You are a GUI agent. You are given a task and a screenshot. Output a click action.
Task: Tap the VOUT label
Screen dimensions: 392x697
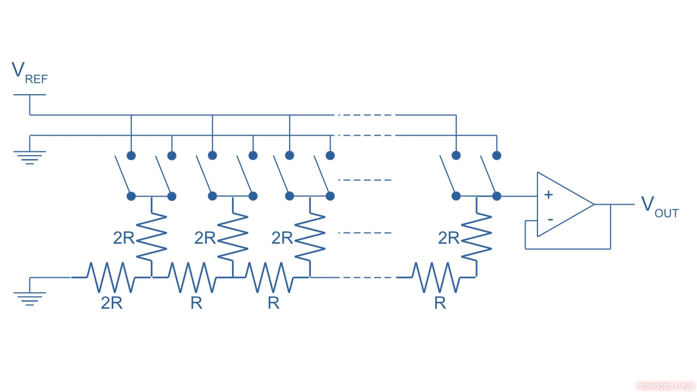click(x=659, y=206)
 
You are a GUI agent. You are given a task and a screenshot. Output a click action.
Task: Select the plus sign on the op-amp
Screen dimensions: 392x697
click(x=548, y=194)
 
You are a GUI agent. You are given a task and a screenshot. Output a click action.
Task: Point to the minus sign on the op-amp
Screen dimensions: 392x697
click(x=550, y=219)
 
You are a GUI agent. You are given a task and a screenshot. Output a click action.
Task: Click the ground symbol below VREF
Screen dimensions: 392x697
click(x=29, y=157)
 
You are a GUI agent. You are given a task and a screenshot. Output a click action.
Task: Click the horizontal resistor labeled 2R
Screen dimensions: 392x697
click(x=111, y=277)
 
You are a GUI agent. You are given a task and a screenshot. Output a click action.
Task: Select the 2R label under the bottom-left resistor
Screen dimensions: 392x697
click(x=112, y=303)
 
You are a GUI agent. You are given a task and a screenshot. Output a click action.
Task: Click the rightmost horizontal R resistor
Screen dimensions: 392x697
click(x=436, y=277)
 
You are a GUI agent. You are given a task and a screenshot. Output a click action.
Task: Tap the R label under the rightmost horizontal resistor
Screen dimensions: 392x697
click(x=440, y=303)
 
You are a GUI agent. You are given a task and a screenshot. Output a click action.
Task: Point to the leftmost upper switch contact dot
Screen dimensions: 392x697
click(x=131, y=155)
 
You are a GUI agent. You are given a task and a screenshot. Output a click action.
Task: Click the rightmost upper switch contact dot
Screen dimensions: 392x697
click(x=497, y=155)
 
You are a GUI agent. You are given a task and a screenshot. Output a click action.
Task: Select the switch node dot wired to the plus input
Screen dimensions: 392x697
click(x=497, y=196)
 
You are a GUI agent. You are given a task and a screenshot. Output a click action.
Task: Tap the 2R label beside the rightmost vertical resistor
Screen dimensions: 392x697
click(x=449, y=238)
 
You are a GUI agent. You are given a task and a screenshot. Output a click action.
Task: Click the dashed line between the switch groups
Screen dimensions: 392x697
click(x=365, y=180)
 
